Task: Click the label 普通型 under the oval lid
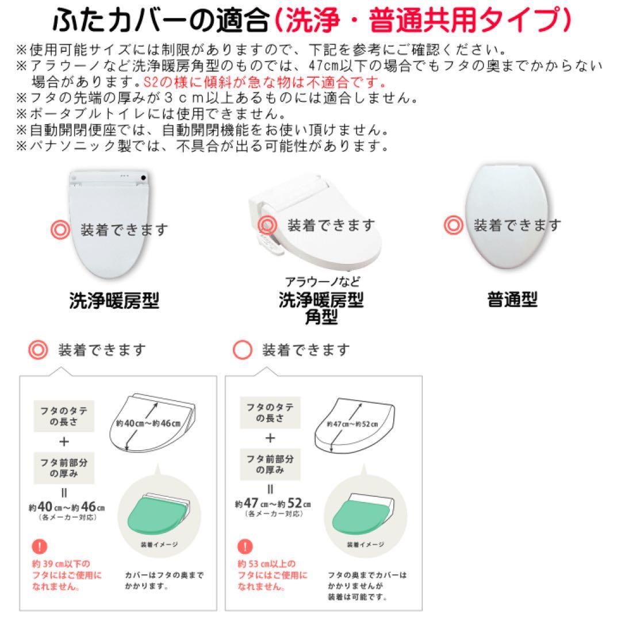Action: click(x=512, y=300)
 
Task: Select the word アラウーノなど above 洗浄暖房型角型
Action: click(x=323, y=282)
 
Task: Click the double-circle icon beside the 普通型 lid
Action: click(x=453, y=225)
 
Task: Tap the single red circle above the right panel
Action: click(x=242, y=350)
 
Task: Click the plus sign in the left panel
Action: click(x=64, y=441)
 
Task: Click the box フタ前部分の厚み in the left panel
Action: click(x=64, y=467)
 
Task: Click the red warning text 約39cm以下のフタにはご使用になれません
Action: click(x=66, y=576)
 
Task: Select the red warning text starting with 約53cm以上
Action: click(x=272, y=576)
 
